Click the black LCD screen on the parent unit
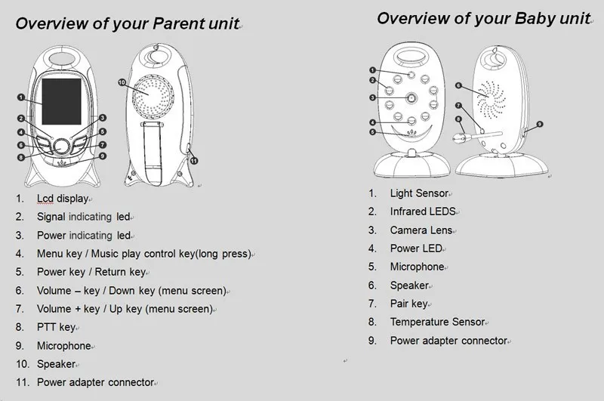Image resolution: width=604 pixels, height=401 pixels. [x=62, y=102]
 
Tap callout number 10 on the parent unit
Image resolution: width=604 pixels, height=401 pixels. [x=122, y=82]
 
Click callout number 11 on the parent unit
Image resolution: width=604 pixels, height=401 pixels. [x=194, y=161]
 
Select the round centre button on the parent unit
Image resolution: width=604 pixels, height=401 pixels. [x=62, y=147]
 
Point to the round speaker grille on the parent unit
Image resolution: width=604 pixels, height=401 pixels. [x=153, y=96]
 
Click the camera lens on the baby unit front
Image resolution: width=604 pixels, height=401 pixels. [x=411, y=98]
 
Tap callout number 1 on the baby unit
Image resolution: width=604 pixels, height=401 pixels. [x=372, y=70]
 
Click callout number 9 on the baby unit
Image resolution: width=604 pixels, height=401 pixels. [x=540, y=124]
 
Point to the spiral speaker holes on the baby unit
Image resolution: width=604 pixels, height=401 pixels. [x=492, y=100]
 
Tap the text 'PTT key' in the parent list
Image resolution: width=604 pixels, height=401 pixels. [x=56, y=327]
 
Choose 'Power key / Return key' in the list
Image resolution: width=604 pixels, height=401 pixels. [x=91, y=272]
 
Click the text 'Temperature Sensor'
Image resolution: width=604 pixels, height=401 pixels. [x=438, y=322]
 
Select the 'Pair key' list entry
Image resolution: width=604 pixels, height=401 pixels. [x=409, y=304]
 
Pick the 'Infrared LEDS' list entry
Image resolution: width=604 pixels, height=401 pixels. [x=423, y=211]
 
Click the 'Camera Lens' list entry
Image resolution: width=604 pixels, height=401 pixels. [x=421, y=230]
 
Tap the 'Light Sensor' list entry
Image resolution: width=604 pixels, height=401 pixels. [x=420, y=193]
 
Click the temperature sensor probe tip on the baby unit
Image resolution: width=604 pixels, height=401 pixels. [x=458, y=138]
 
